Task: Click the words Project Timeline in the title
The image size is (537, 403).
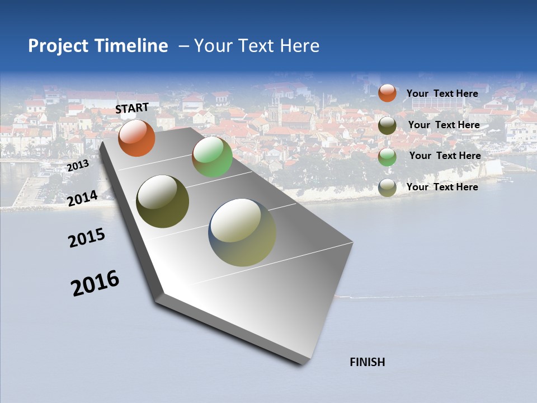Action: (x=98, y=46)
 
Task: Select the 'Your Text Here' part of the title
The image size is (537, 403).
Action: (x=257, y=46)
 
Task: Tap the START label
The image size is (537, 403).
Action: (x=132, y=108)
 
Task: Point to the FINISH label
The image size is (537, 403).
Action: (x=368, y=362)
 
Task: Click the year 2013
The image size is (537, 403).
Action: (x=78, y=166)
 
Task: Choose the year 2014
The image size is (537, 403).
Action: (x=83, y=198)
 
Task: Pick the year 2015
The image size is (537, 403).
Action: (x=87, y=237)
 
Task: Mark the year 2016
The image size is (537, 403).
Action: (x=95, y=283)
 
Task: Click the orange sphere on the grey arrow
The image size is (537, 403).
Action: (x=136, y=138)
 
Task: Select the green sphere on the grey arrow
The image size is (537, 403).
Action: (x=212, y=157)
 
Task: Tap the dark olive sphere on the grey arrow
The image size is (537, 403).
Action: (x=162, y=201)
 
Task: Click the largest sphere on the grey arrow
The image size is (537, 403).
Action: (x=242, y=232)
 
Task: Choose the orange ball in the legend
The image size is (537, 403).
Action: (x=387, y=93)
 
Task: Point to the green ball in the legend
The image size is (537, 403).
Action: (x=387, y=157)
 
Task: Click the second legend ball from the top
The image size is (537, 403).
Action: (x=387, y=125)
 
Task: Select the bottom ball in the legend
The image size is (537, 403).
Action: (x=387, y=188)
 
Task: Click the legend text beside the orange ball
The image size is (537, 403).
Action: (x=442, y=93)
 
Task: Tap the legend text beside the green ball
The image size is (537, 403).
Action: (x=445, y=156)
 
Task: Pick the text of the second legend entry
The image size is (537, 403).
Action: (x=444, y=125)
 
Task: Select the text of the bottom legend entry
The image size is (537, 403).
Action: (x=442, y=187)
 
